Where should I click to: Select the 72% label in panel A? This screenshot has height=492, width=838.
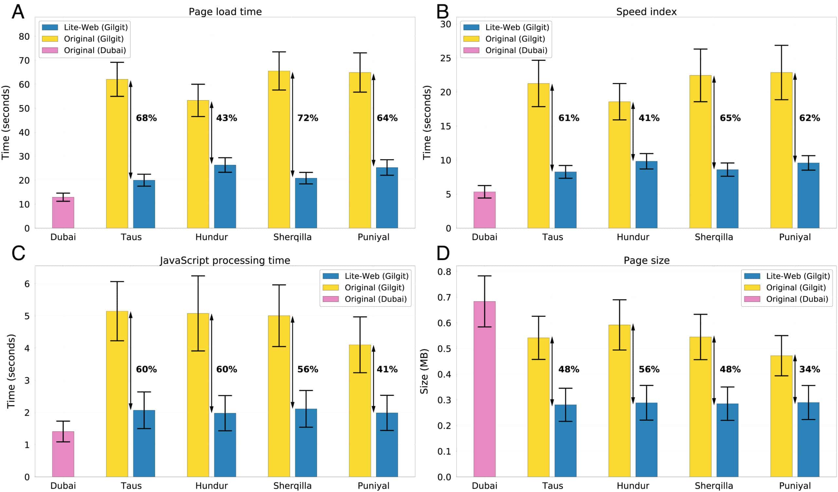coord(308,118)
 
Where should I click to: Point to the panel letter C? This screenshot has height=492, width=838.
coord(18,253)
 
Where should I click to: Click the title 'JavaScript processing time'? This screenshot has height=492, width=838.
coord(225,260)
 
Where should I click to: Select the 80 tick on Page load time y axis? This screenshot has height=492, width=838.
coord(24,37)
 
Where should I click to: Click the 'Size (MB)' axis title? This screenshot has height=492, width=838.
coord(424,371)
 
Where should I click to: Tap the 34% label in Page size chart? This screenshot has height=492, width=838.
coord(810,369)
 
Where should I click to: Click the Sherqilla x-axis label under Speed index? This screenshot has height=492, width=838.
coord(714,237)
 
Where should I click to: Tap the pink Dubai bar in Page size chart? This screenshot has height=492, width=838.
coord(484,389)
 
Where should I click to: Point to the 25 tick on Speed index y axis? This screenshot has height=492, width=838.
coord(446,58)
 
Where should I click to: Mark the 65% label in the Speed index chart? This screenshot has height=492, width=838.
coord(730,118)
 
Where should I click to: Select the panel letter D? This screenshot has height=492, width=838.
coord(443,253)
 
